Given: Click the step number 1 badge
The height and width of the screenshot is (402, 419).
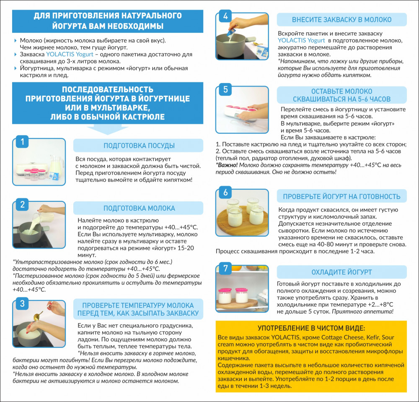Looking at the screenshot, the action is [23, 141].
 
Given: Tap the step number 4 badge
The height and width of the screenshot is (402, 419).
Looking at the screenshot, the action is [225, 16].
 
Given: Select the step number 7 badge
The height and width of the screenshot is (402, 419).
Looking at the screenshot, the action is [225, 268].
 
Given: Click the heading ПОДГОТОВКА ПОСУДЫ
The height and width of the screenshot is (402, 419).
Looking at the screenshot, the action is [139, 146].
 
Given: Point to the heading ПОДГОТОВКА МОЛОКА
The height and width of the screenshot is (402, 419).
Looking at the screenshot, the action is [139, 208].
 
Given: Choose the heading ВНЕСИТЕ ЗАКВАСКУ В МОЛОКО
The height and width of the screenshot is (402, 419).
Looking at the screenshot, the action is [341, 20].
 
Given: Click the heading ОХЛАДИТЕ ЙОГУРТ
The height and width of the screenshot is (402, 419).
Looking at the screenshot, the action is [341, 272].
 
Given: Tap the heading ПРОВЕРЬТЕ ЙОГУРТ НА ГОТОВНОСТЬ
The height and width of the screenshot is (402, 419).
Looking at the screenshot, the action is [341, 196].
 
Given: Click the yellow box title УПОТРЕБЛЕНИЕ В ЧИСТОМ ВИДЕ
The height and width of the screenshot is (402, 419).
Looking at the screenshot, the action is [311, 328].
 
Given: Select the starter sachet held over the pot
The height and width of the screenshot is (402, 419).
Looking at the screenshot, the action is [231, 31].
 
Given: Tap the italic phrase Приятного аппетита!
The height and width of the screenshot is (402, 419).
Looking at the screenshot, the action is [362, 311].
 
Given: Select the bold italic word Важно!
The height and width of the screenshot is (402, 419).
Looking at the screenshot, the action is [227, 165].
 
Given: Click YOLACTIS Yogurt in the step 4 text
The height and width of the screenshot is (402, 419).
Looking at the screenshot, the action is [301, 40].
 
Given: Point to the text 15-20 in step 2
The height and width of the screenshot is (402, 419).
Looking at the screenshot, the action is [186, 248].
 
